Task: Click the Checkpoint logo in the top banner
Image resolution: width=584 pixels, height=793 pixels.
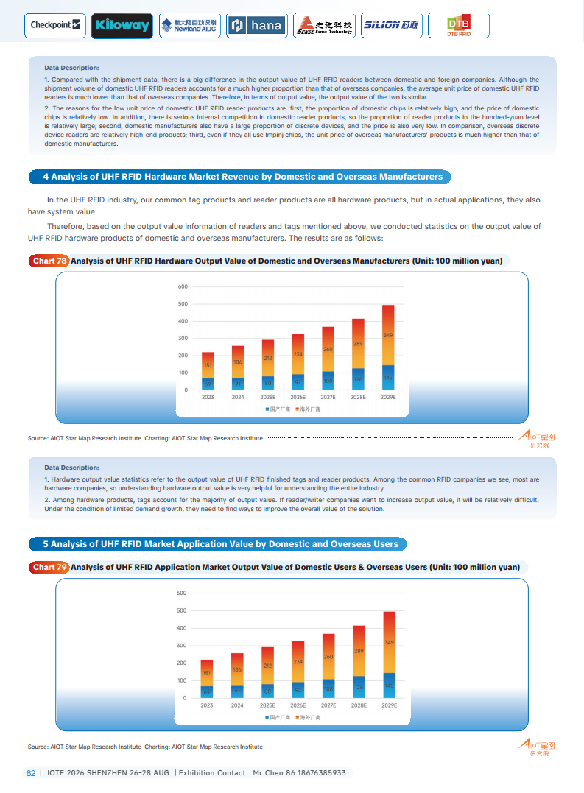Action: pyautogui.click(x=55, y=25)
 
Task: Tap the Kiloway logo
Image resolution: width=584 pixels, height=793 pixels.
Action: pyautogui.click(x=122, y=25)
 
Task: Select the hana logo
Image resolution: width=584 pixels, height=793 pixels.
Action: pyautogui.click(x=256, y=25)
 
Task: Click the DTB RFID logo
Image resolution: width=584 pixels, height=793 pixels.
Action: pyautogui.click(x=457, y=26)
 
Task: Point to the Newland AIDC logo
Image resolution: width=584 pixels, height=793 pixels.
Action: pyautogui.click(x=189, y=25)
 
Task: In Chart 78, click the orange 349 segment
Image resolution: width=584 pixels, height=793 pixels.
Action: pyautogui.click(x=388, y=335)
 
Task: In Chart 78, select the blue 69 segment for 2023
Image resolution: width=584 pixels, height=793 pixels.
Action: pyautogui.click(x=208, y=384)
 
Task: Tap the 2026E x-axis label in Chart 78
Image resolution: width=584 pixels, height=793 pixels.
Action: pyautogui.click(x=298, y=397)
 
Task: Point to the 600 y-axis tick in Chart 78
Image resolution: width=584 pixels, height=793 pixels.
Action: pyautogui.click(x=183, y=286)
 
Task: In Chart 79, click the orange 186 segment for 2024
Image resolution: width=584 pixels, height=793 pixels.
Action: pyautogui.click(x=237, y=669)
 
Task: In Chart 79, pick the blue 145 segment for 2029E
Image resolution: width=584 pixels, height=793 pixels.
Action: pyautogui.click(x=388, y=685)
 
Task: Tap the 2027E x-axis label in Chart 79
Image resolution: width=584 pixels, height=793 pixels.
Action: pyautogui.click(x=328, y=705)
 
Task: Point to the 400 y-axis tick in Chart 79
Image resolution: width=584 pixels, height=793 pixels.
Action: pyautogui.click(x=183, y=628)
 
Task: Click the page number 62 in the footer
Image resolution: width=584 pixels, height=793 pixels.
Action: pyautogui.click(x=31, y=772)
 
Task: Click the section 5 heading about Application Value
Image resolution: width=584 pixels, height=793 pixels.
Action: pyautogui.click(x=218, y=544)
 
